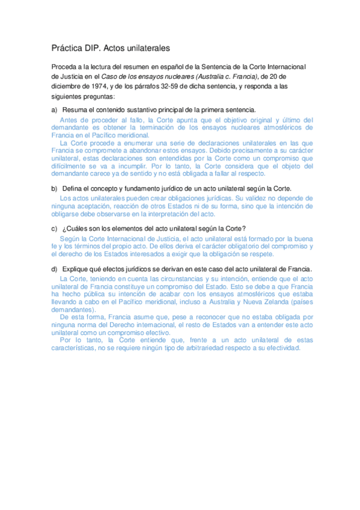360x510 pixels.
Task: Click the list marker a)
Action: pyautogui.click(x=54, y=109)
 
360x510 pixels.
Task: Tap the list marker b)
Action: pyautogui.click(x=54, y=188)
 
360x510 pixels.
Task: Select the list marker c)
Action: pyautogui.click(x=54, y=228)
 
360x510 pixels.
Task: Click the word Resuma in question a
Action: pyautogui.click(x=75, y=109)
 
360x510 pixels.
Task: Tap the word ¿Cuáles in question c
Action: pyautogui.click(x=76, y=228)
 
